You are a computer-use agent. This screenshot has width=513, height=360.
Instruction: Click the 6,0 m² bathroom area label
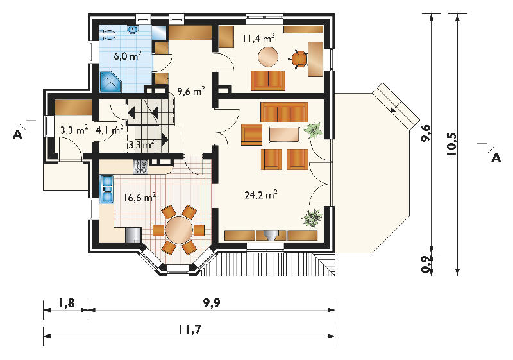coord(128,55)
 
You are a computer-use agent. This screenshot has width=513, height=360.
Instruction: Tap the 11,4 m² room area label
coord(258,38)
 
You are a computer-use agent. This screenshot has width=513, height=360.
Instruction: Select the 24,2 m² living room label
coord(261,194)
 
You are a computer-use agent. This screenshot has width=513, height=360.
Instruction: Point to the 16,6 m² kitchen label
coord(140,197)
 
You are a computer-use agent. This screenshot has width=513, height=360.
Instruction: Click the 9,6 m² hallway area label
coord(191,90)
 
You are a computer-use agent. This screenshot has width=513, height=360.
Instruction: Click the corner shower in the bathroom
coord(110,81)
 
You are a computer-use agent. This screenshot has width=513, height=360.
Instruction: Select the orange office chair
coord(299,59)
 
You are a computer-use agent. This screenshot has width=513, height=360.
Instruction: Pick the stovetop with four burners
coord(140,167)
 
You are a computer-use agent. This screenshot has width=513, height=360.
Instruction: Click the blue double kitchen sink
coord(106,189)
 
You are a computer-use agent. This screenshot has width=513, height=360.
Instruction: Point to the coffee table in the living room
coord(284,135)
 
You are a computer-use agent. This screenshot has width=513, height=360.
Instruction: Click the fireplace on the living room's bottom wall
coord(271,236)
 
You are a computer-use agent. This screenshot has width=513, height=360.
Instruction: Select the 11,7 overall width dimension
coord(189,330)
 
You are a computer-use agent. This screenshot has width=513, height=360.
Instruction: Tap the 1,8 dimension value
coord(66,304)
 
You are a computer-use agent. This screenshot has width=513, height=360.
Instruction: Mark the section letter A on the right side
coord(496,158)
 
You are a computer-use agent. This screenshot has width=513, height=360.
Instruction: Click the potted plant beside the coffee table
coord(313,130)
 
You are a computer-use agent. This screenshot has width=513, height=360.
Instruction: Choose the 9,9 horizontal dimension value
coord(212,304)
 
